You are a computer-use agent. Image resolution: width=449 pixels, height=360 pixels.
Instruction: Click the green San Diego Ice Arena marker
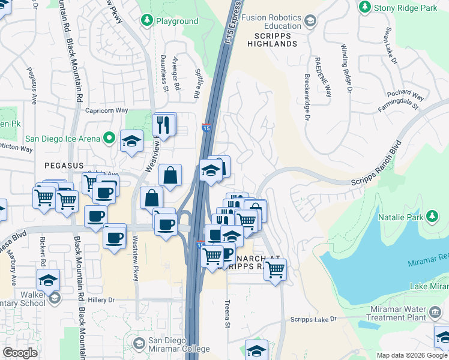coord(109,139)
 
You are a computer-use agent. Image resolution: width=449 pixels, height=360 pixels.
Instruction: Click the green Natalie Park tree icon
coord(432,216)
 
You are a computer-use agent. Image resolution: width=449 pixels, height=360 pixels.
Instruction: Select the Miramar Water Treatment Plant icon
coord(435,313)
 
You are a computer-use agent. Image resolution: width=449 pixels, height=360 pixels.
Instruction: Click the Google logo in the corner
coord(20,353)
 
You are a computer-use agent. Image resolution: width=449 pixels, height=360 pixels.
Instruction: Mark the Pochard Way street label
coord(406,95)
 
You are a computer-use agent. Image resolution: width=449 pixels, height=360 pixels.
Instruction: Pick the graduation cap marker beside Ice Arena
coord(131,142)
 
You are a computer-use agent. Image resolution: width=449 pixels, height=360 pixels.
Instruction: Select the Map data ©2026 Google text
coord(412,355)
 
